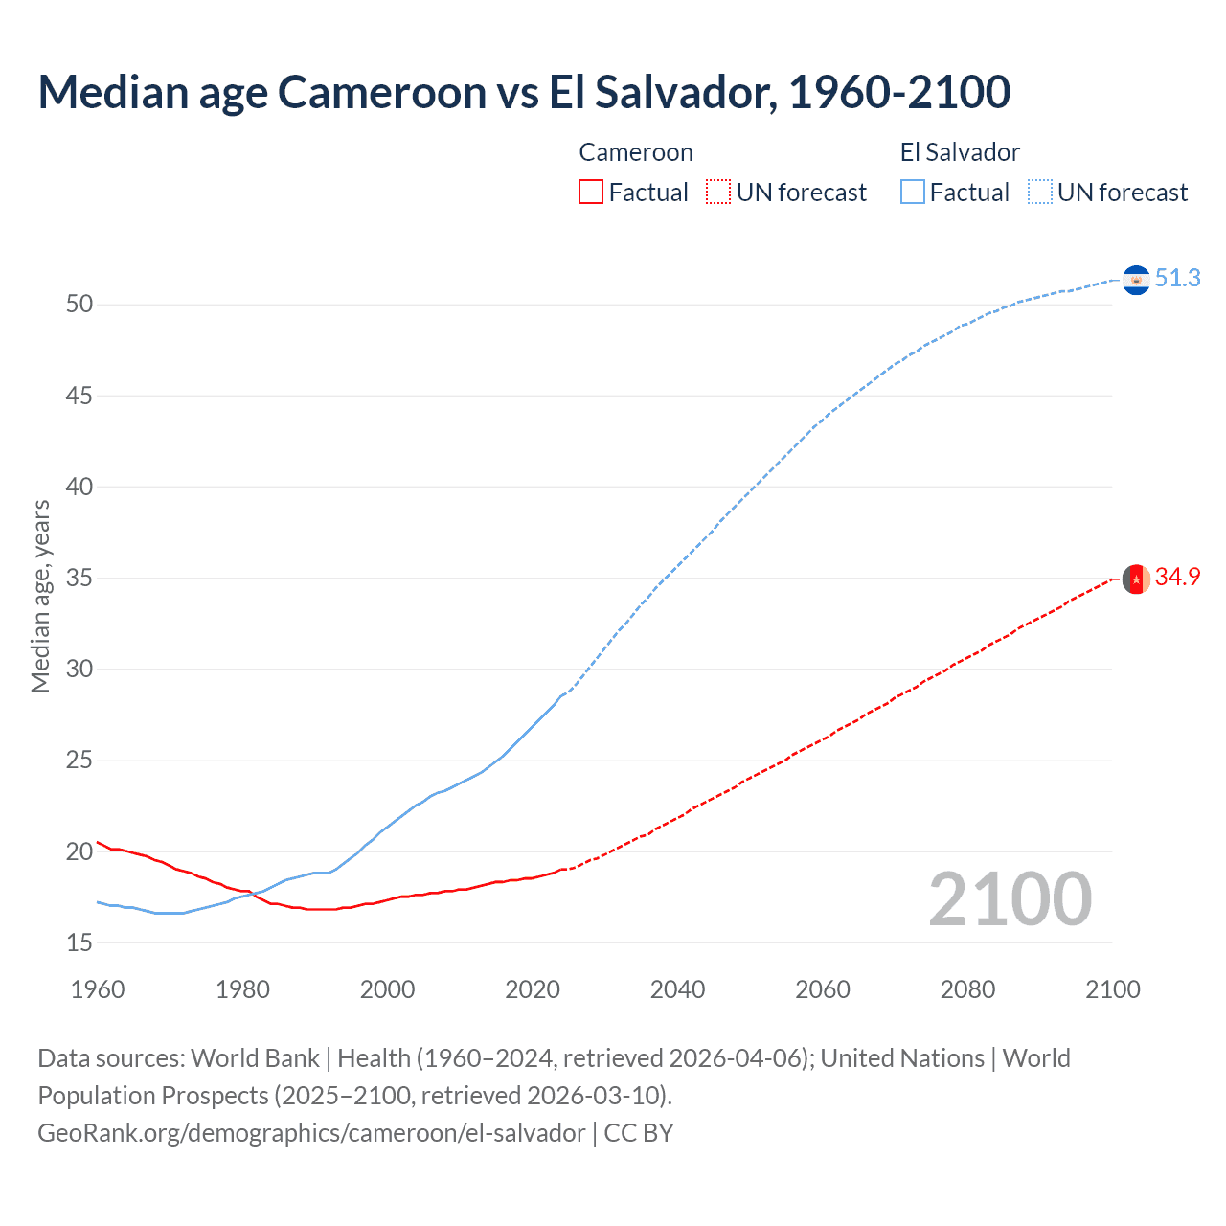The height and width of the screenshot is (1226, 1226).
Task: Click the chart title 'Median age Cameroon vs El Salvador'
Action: [x=524, y=92]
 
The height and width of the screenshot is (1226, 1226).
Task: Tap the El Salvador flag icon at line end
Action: [x=1136, y=280]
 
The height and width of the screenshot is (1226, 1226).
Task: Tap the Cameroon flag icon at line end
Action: [x=1136, y=579]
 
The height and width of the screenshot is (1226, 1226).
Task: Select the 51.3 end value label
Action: [x=1177, y=278]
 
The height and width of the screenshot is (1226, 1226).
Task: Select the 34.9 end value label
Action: [x=1177, y=577]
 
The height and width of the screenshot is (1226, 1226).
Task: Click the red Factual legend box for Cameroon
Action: [x=591, y=193]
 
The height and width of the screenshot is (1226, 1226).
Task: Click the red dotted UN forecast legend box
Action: [x=718, y=193]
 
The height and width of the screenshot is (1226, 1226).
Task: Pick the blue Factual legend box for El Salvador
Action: [x=913, y=193]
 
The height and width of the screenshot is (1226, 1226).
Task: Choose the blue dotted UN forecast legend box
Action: [x=1039, y=193]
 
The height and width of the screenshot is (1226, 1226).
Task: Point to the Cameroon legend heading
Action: [x=636, y=152]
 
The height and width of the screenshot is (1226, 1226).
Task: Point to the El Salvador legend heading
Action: [x=960, y=152]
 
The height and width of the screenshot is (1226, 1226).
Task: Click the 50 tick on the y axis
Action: [x=79, y=305]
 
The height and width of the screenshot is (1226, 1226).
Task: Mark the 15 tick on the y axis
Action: [x=79, y=943]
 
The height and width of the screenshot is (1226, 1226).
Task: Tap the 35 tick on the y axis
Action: [x=79, y=579]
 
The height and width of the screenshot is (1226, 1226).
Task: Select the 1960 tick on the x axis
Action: [x=98, y=989]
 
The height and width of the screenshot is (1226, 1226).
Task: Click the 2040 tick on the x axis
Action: [x=677, y=989]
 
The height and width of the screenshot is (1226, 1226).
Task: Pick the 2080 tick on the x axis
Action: [x=967, y=989]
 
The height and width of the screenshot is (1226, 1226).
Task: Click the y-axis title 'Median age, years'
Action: [x=40, y=596]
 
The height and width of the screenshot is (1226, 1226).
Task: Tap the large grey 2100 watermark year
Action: [x=1010, y=899]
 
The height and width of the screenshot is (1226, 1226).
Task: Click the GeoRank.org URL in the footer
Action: [x=311, y=1133]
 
